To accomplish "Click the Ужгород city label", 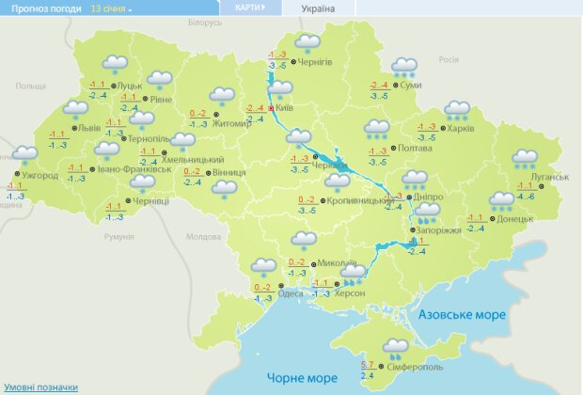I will pyautogui.click(x=39, y=176).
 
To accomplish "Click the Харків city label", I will pyautogui.click(x=460, y=129).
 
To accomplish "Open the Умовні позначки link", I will pyautogui.click(x=39, y=387).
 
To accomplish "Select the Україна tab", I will pyautogui.click(x=317, y=8).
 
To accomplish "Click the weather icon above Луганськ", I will pyautogui.click(x=524, y=158).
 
